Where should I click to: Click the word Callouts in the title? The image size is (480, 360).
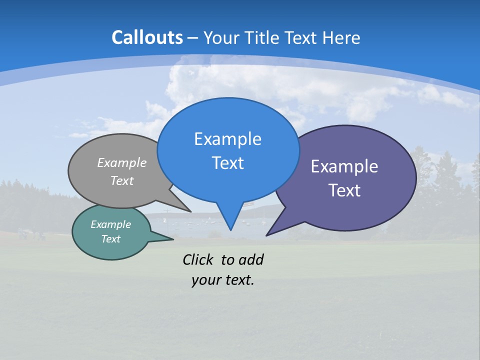coord(147,37)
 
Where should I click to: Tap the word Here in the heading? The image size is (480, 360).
coord(341,37)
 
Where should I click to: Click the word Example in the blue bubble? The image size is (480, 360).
coord(227,139)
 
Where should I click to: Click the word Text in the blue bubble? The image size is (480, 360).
coord(227,163)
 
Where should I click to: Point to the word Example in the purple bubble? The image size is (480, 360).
coord(344,166)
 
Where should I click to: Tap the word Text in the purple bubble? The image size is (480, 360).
coord(344,190)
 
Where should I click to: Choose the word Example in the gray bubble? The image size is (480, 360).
coord(122,163)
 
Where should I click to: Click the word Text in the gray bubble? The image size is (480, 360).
coord(122,180)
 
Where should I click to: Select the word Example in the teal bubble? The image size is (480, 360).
coord(110,224)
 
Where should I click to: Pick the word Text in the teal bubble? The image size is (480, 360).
coord(110,239)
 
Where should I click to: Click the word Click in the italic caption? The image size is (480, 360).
coord(198,259)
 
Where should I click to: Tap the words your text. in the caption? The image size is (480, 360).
coord(223,280)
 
